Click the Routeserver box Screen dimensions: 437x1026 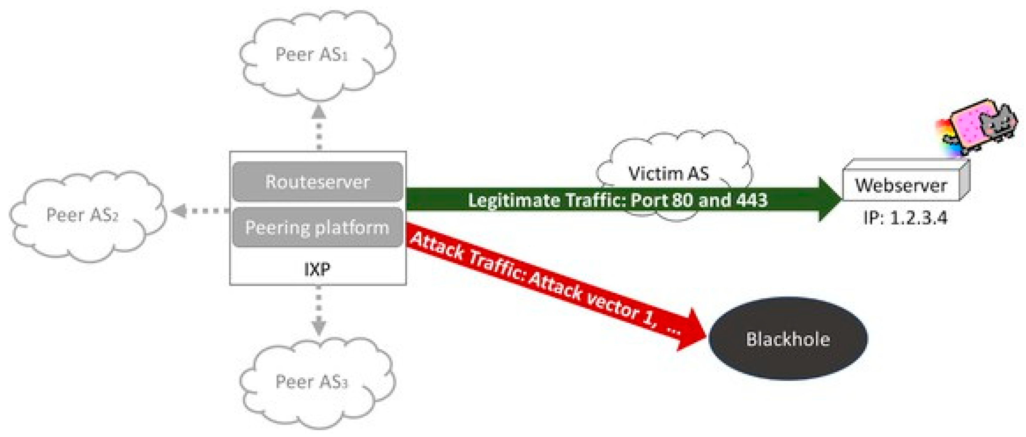(317, 181)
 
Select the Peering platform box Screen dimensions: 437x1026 (317, 227)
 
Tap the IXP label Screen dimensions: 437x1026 (317, 269)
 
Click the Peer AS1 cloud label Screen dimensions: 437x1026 (311, 54)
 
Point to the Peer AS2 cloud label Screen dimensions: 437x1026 (83, 215)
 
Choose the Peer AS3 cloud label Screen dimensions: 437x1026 (311, 382)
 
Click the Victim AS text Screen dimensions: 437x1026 (668, 173)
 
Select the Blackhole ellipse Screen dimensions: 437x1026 (788, 339)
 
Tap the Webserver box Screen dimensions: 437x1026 (901, 185)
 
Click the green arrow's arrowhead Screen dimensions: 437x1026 (828, 199)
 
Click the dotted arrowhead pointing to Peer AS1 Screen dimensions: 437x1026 (319, 112)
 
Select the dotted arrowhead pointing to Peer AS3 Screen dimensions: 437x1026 (319, 325)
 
